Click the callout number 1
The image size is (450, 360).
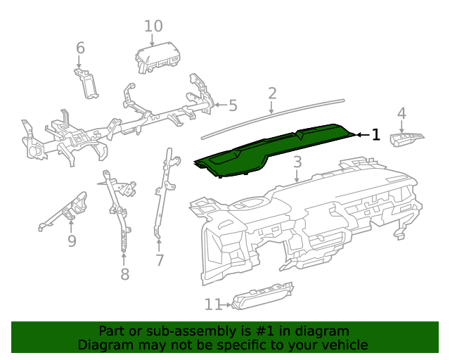coord(376,134)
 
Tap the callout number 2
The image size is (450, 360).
coord(272,93)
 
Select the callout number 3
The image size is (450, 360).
coord(297,162)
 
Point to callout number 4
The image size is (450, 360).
coord(401,113)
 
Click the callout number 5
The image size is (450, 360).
coord(232,106)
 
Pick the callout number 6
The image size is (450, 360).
coord(80,48)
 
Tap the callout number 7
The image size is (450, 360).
coord(160,260)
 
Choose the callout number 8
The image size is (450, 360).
coord(124,274)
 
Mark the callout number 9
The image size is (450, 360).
coord(72,241)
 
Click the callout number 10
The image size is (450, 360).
coord(153,26)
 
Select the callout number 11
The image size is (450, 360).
coord(213,304)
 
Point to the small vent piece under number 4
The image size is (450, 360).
coord(409,139)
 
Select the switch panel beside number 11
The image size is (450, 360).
coord(262,297)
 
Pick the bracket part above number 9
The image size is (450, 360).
coord(67,210)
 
